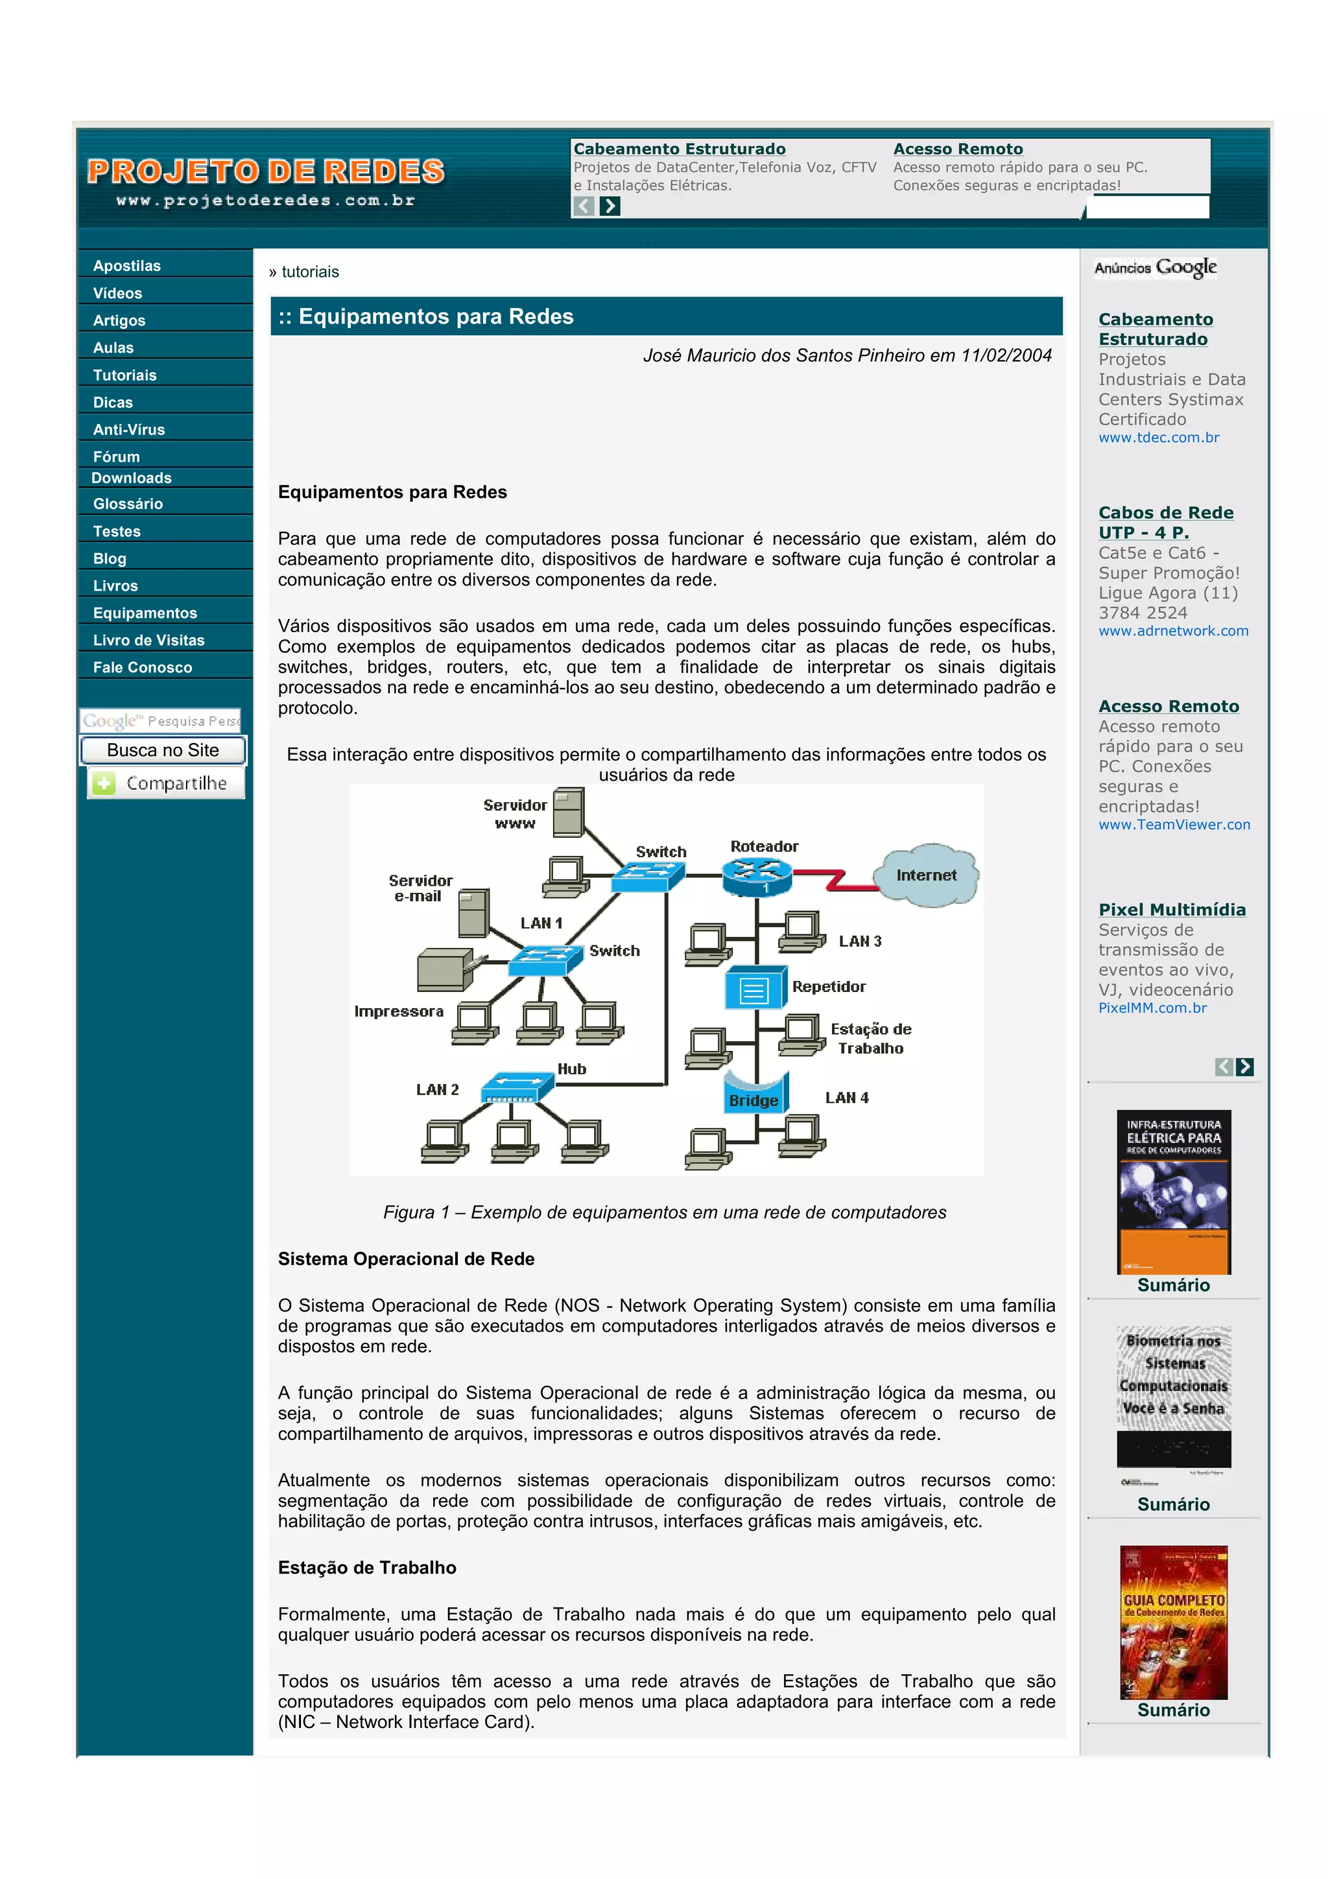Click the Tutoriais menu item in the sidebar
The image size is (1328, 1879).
coord(124,375)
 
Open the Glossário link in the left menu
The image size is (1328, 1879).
coord(128,504)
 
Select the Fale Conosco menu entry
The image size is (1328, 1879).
coord(143,667)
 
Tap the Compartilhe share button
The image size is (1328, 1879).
coord(166,783)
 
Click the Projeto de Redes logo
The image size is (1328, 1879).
coord(266,181)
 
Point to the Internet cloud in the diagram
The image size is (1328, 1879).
coord(925,875)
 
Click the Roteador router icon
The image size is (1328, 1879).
coord(757,877)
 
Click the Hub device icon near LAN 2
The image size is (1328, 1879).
coord(517,1087)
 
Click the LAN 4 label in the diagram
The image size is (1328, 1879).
coord(847,1098)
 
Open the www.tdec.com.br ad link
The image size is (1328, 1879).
coord(1159,438)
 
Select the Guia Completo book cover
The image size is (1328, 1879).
coord(1174,1622)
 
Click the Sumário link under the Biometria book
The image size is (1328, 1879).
coord(1174,1504)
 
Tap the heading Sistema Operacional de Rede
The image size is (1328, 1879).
coord(406,1259)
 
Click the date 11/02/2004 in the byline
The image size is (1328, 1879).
coord(1006,355)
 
